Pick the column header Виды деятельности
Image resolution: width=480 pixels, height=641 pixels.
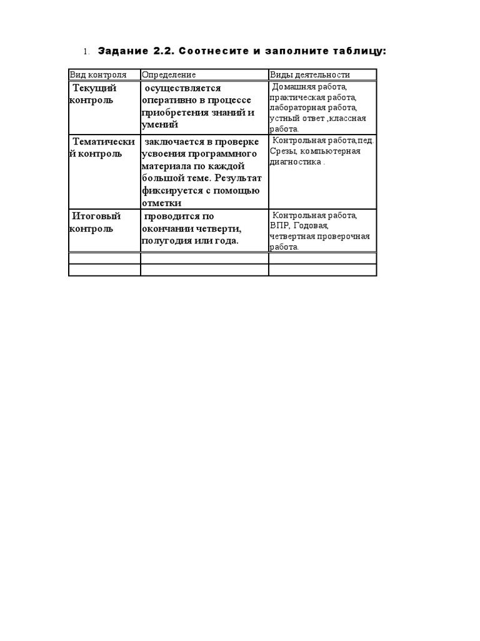pyautogui.click(x=310, y=74)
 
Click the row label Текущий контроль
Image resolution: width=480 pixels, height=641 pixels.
pyautogui.click(x=93, y=94)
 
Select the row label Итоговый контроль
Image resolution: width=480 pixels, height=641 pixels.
pyautogui.click(x=95, y=222)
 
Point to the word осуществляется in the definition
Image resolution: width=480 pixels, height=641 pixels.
pyautogui.click(x=182, y=88)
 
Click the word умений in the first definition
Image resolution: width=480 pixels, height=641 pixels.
pyautogui.click(x=160, y=125)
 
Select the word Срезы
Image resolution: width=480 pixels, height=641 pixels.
pyautogui.click(x=282, y=151)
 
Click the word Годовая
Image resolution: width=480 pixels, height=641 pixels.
pyautogui.click(x=311, y=225)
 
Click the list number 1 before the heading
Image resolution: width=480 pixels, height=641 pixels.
pyautogui.click(x=87, y=51)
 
